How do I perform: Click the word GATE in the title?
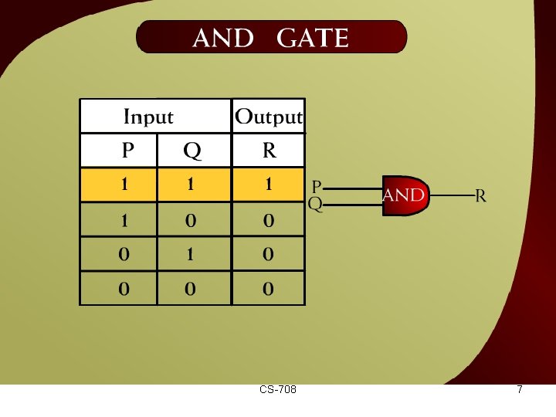tap(312, 38)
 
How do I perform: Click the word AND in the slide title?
tap(222, 38)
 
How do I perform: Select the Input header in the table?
tap(148, 117)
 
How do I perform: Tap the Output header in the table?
tap(268, 117)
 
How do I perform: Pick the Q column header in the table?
tap(192, 151)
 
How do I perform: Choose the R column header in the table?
tap(269, 150)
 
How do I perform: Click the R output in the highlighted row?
tap(269, 185)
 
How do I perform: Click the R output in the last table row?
tap(269, 290)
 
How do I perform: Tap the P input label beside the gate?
tap(317, 187)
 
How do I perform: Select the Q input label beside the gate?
tap(315, 205)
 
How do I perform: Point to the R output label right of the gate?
tap(480, 196)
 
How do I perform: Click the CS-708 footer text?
tap(278, 390)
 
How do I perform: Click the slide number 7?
tap(520, 390)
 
